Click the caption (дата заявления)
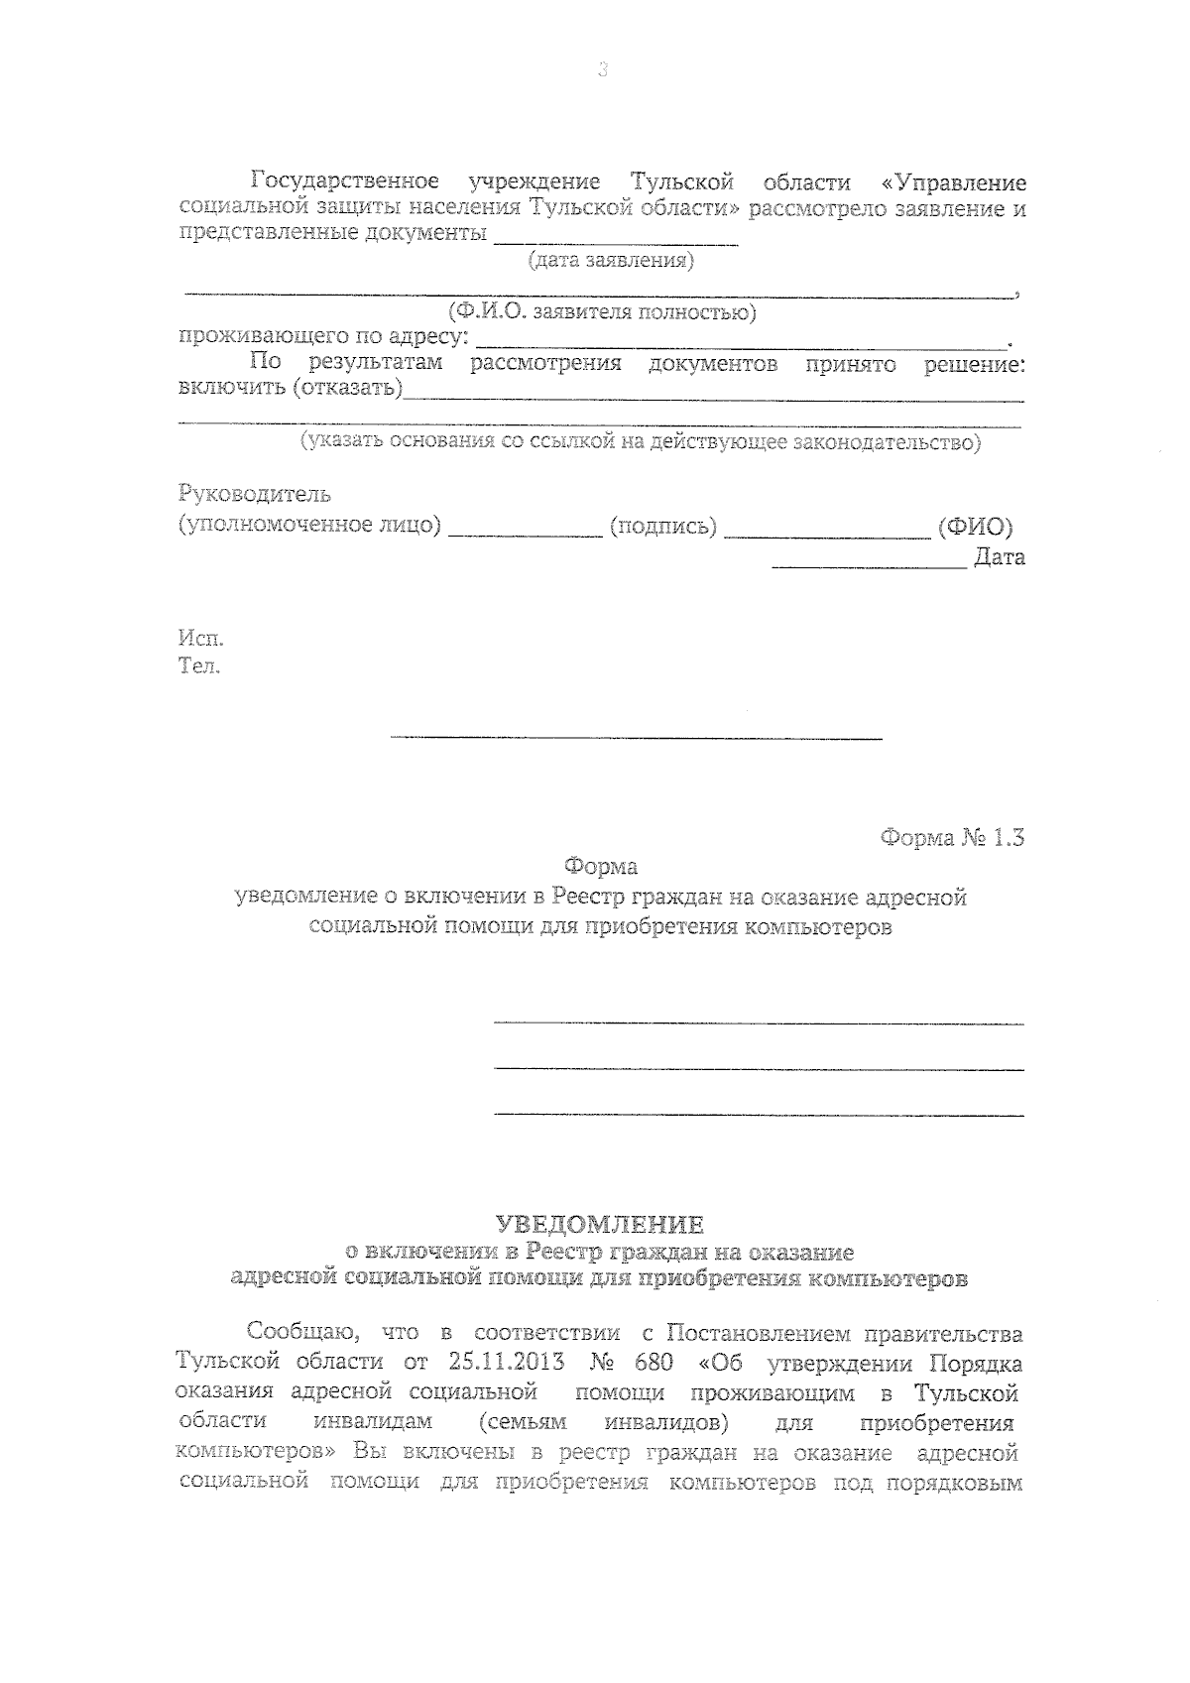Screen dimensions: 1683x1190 coord(610,261)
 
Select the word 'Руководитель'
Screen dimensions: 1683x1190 coord(254,494)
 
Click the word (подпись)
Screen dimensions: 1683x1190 coord(663,527)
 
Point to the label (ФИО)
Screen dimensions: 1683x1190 coord(975,527)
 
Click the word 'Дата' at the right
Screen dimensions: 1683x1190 coord(999,557)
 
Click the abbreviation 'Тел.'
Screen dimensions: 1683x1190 coord(199,665)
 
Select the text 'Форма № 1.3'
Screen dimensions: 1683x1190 coord(951,838)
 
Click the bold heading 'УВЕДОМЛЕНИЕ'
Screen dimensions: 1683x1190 coord(600,1225)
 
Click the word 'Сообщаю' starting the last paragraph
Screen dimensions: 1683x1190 coord(296,1331)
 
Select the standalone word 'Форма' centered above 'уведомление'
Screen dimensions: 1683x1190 coord(601,867)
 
